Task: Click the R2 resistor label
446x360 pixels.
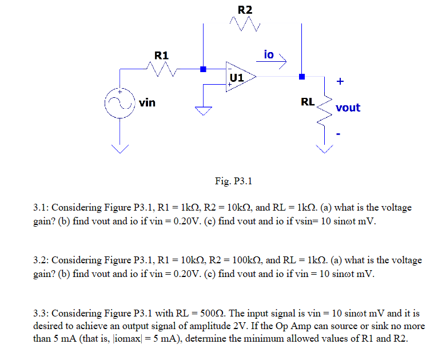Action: coord(244,10)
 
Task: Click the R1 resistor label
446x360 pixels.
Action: coord(162,56)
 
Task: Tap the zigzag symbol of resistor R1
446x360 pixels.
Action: coord(162,69)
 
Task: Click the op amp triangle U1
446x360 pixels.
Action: coord(239,77)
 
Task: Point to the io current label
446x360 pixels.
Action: coord(269,54)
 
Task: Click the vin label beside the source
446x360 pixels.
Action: coord(147,103)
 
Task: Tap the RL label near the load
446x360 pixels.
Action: coord(307,102)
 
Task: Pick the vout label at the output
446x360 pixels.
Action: coord(348,108)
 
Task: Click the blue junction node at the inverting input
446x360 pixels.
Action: coord(202,69)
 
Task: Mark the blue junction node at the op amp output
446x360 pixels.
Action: coord(302,77)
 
